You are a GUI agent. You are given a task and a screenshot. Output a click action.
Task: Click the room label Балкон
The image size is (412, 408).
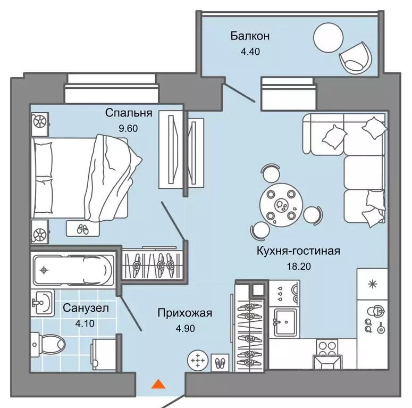250,36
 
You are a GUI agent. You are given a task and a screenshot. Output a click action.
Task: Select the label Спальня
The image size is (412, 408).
129,113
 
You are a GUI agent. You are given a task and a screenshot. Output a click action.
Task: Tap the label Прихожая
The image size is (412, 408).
184,313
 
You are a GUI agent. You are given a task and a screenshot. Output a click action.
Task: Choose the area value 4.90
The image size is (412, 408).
184,328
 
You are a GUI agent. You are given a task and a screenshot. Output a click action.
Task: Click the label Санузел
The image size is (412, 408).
80,307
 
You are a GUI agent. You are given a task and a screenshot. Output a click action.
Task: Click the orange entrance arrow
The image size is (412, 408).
157,384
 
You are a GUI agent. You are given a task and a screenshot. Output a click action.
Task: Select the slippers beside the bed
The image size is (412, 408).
82,229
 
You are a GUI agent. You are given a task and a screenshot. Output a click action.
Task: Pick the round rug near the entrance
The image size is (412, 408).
197,361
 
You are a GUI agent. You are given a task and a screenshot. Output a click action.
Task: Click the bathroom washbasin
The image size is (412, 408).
40,303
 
